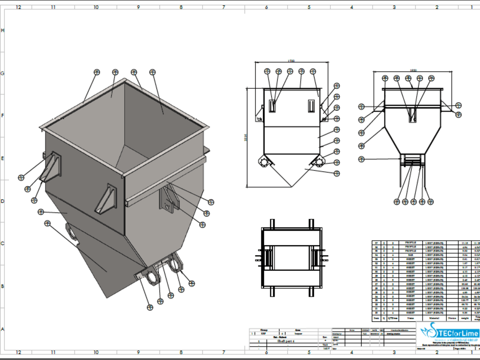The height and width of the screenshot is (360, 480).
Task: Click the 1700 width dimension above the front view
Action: pos(291,61)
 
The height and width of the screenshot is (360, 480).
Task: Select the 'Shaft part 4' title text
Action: pos(287,340)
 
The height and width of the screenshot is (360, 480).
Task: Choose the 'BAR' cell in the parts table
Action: pos(410,254)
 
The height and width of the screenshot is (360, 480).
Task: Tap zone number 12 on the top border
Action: pos(18,7)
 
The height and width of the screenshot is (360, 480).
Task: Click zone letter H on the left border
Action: pos(3,30)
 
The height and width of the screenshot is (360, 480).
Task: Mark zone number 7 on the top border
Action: pos(224,7)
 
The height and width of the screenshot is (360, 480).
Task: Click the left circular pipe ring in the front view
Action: pos(264,162)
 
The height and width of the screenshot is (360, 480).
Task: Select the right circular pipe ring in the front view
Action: pos(319,162)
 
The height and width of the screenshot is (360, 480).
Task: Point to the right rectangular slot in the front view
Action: pos(311,105)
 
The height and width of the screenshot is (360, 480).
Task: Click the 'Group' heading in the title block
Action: pos(264,330)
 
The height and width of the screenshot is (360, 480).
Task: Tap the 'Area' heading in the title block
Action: pos(298,330)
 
